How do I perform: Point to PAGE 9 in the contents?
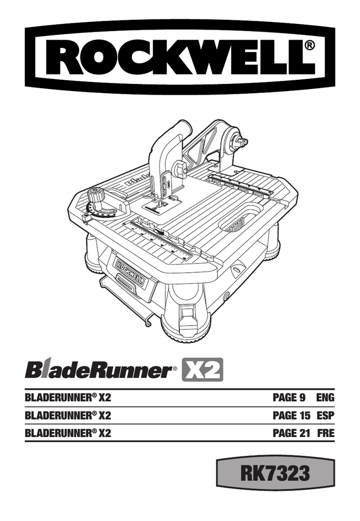click(288, 398)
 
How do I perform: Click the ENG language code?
click(325, 398)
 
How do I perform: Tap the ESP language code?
click(325, 416)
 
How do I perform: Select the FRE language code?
click(325, 433)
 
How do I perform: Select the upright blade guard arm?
click(163, 153)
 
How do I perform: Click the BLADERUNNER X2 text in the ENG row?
click(68, 398)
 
